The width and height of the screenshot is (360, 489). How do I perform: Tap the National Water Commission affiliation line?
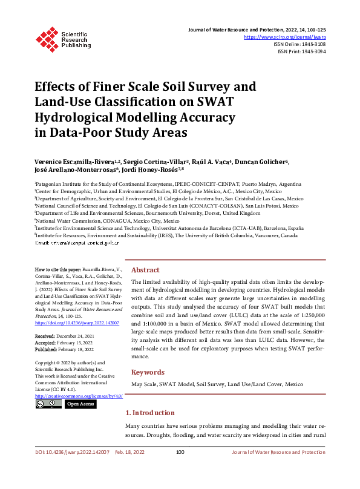(x=106, y=221)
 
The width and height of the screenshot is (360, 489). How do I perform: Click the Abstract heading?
(x=145, y=270)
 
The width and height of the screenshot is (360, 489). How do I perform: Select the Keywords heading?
(x=148, y=372)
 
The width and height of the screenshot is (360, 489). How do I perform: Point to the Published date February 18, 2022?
(x=75, y=349)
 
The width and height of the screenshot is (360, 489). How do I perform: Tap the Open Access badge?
(x=80, y=404)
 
